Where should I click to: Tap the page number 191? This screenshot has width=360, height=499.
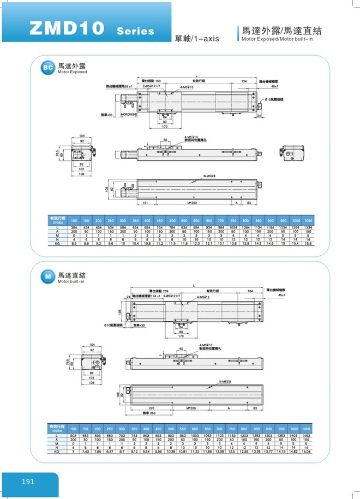tap(29, 482)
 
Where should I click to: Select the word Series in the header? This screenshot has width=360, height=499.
tap(135, 31)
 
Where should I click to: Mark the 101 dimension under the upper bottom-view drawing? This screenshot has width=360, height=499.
tap(146, 202)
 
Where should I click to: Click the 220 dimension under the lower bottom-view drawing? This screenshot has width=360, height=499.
tap(152, 407)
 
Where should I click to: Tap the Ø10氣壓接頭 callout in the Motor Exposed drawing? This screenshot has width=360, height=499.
tap(273, 99)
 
